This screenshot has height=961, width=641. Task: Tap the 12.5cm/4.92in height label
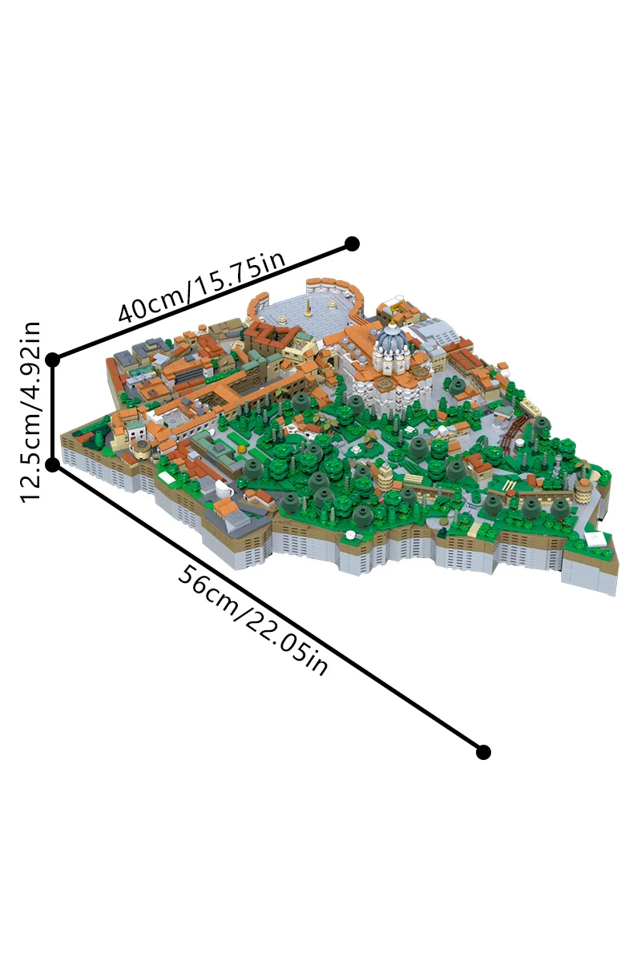[x=30, y=412]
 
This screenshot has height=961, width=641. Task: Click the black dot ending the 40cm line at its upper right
[x=351, y=243]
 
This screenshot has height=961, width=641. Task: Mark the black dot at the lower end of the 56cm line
[x=483, y=751]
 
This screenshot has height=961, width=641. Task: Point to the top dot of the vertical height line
[x=53, y=360]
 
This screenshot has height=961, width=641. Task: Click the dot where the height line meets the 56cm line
[x=53, y=464]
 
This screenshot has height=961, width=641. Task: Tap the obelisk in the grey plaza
[x=308, y=306]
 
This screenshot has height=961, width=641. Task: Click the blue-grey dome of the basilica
[x=392, y=344]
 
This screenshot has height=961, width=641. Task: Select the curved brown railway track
[x=513, y=433]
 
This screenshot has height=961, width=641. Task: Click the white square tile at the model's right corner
[x=597, y=539]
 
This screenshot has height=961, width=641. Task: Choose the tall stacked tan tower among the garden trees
[x=385, y=480]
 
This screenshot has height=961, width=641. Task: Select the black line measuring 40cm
[x=200, y=302]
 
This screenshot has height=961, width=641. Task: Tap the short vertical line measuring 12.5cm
[x=53, y=412]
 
